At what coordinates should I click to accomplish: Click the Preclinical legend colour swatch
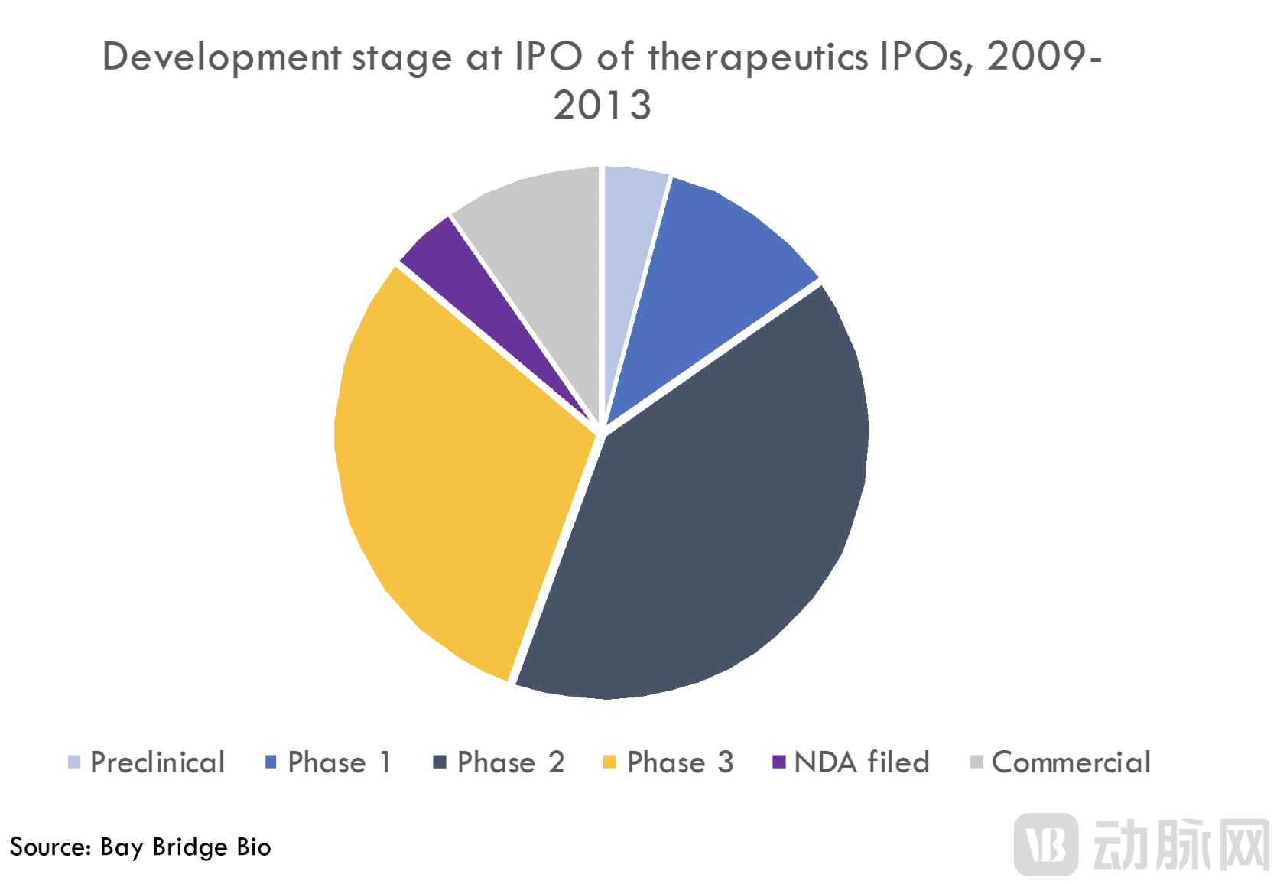[74, 762]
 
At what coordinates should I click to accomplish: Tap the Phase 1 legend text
[340, 762]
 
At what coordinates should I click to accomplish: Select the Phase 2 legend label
[510, 762]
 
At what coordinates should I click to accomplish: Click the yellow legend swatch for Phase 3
[609, 762]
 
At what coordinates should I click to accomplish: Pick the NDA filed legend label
[862, 762]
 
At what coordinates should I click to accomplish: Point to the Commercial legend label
[1071, 762]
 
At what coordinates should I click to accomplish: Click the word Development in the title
[221, 58]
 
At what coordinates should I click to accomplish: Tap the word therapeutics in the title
[759, 58]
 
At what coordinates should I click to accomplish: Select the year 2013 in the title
[602, 106]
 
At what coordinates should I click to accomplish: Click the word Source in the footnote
[50, 847]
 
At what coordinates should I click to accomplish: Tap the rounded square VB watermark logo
[1045, 844]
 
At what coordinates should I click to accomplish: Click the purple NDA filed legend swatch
[778, 762]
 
